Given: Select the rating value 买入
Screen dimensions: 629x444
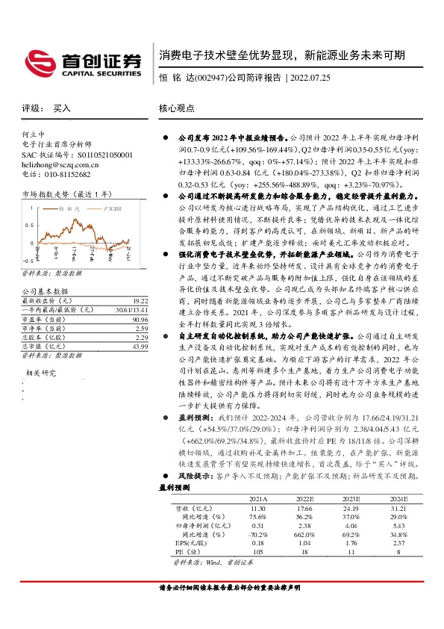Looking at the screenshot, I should (x=62, y=108).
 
